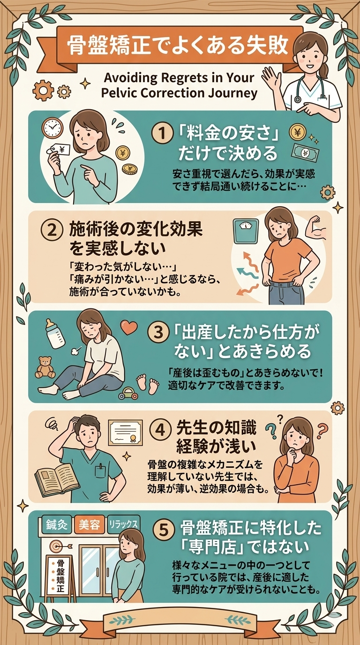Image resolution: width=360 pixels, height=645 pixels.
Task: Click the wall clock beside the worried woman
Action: click(x=52, y=128)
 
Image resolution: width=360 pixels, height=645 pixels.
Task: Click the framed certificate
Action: click(x=126, y=433)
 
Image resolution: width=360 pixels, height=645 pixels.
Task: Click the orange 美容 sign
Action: click(x=89, y=525)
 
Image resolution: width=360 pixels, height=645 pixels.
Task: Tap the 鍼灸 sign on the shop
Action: click(x=57, y=525)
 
